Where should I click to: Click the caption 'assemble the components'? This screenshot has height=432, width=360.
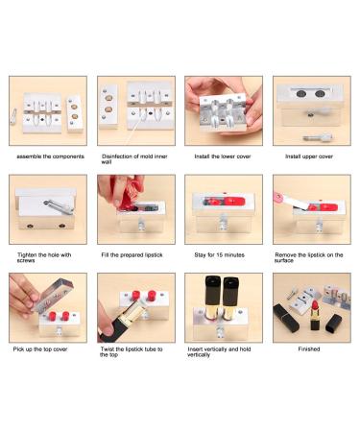point(50,156)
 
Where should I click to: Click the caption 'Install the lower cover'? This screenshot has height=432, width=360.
point(223,156)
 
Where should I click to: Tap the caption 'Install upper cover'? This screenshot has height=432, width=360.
point(309,156)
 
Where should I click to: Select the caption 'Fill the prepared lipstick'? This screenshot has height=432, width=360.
point(132,255)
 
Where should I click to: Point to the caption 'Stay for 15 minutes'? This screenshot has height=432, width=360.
point(220,255)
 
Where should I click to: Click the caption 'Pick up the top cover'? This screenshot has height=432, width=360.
point(40,349)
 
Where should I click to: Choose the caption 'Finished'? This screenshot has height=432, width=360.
point(309,349)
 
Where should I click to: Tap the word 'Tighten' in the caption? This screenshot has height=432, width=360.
point(27,255)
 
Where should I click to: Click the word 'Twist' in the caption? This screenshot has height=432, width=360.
point(108,349)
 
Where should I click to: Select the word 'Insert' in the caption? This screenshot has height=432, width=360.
point(195,349)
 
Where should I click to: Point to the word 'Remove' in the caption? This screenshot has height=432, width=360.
point(286,255)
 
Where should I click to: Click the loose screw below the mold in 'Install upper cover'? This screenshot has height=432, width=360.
point(318,138)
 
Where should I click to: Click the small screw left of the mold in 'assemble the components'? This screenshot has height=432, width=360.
point(13,116)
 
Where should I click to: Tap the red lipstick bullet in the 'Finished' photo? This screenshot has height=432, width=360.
point(314,304)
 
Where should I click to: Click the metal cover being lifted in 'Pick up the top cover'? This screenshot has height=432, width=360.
point(53,296)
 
